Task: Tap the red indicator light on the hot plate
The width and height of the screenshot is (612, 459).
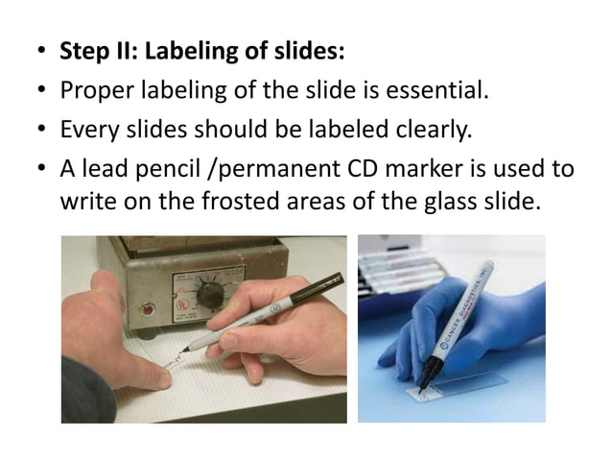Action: click(x=148, y=309)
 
